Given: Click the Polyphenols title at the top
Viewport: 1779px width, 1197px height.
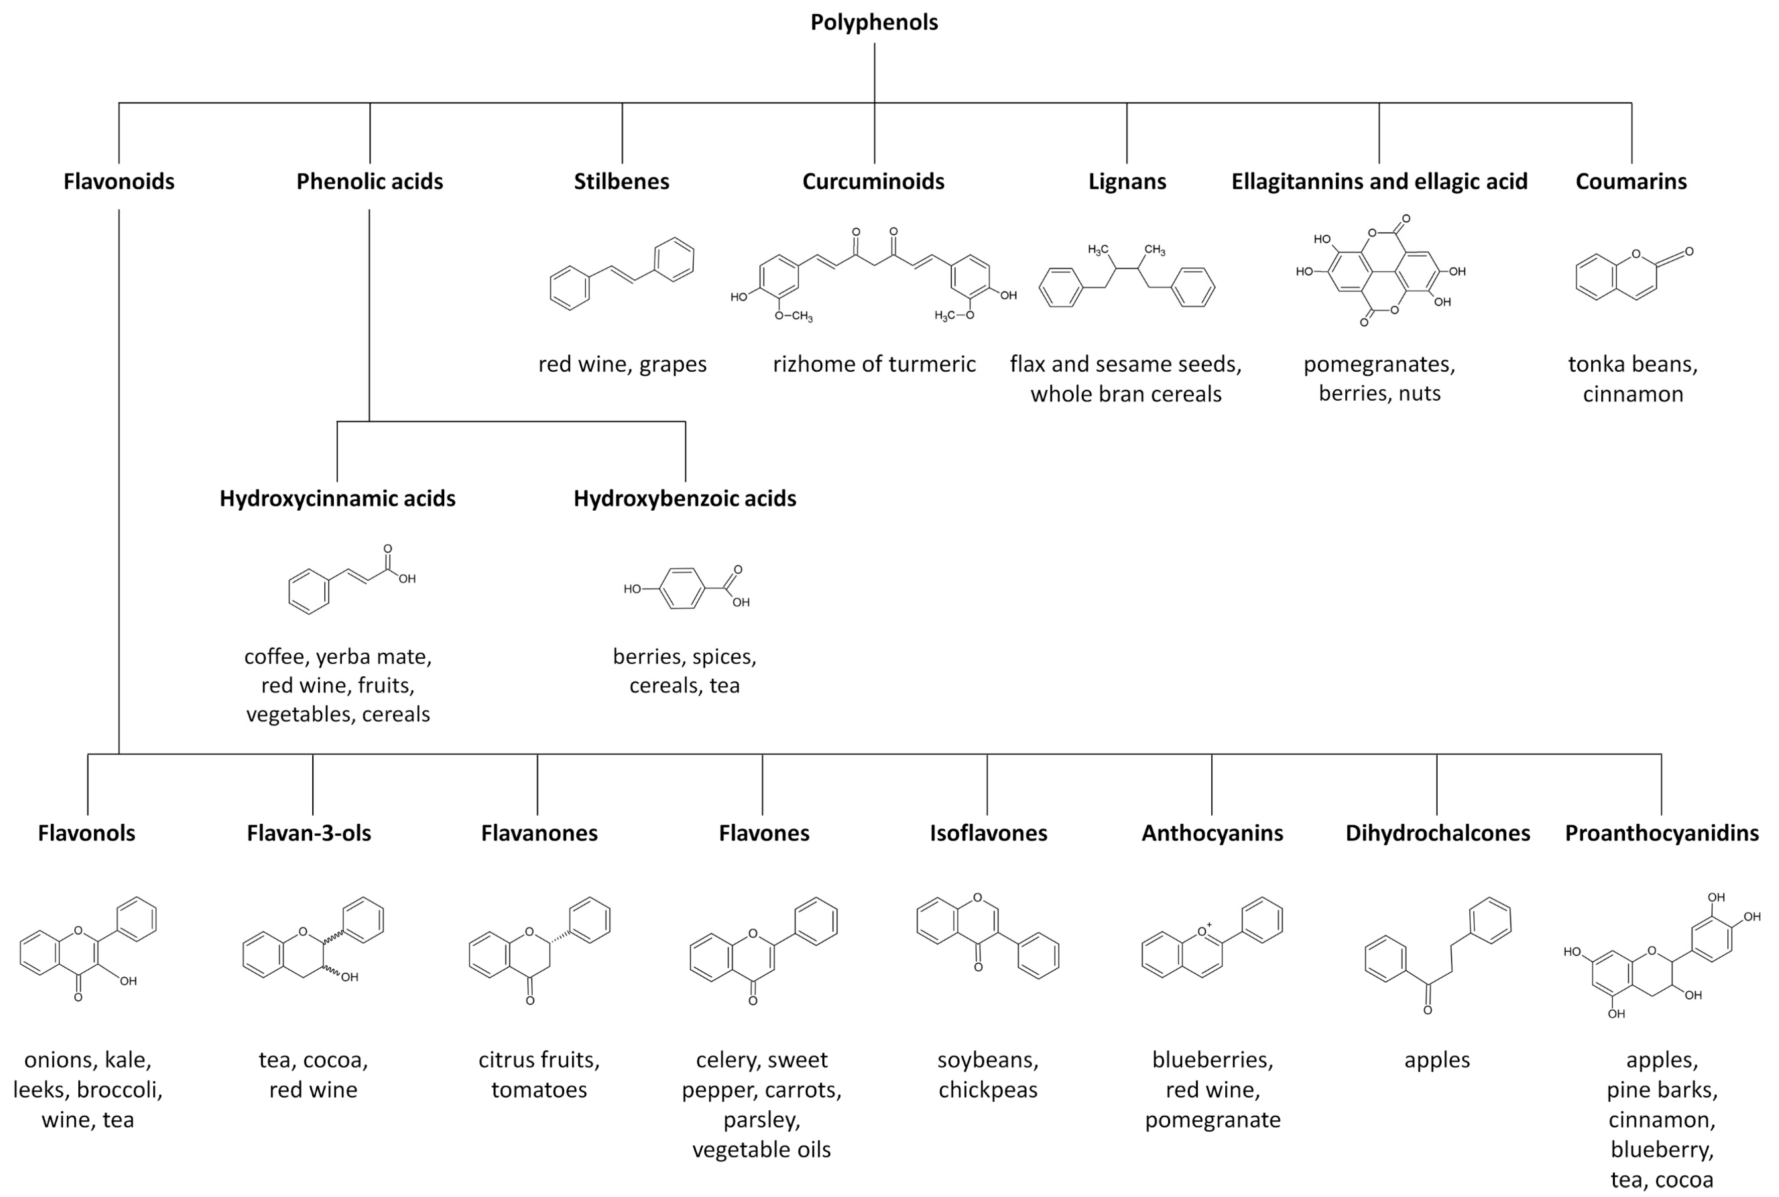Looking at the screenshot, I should pyautogui.click(x=874, y=22).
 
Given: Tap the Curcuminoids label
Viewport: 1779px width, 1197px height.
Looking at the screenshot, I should pyautogui.click(x=873, y=182).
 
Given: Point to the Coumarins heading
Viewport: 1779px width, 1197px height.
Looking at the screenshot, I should pyautogui.click(x=1631, y=182).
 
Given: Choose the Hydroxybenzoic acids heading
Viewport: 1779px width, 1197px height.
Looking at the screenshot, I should pyautogui.click(x=684, y=499).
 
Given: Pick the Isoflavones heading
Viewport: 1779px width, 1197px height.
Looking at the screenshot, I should pyautogui.click(x=988, y=833).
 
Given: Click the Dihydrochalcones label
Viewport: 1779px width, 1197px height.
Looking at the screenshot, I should pyautogui.click(x=1437, y=833).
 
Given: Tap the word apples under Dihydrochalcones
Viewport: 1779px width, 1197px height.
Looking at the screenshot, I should pyautogui.click(x=1436, y=1060).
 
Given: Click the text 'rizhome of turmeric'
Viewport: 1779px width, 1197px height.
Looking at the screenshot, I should pyautogui.click(x=874, y=364).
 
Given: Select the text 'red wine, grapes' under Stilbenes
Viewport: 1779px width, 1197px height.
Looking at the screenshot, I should pyautogui.click(x=622, y=364).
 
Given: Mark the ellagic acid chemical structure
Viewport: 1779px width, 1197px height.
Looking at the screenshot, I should pyautogui.click(x=1379, y=271).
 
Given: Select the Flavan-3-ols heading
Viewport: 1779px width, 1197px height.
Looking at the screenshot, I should pyautogui.click(x=309, y=833).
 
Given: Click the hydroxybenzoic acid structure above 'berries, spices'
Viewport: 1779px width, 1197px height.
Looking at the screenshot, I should pyautogui.click(x=685, y=588).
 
